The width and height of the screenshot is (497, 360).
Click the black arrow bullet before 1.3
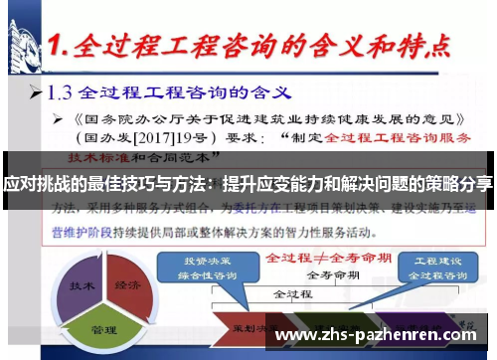pyautogui.click(x=36, y=96)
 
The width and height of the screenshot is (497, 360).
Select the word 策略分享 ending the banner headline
pyautogui.click(x=461, y=184)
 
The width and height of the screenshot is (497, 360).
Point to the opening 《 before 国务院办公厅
pyautogui.click(x=62, y=117)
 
